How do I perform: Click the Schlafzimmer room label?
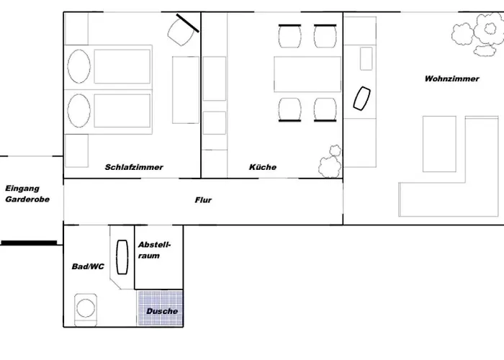click(134, 167)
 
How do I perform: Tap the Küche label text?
click(263, 167)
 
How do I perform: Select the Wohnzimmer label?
click(451, 78)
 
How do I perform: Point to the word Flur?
click(203, 200)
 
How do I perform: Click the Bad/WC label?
click(88, 266)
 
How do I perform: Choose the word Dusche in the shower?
click(162, 311)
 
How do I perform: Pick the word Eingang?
click(22, 189)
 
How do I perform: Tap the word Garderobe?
click(27, 199)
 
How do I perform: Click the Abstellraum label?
click(154, 250)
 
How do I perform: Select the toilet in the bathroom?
click(86, 310)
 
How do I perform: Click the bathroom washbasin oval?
click(122, 257)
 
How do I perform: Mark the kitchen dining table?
click(307, 74)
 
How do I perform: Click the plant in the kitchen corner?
click(330, 161)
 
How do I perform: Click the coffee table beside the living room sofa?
click(439, 144)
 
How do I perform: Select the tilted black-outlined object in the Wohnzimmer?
click(362, 99)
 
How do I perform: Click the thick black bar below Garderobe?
click(30, 243)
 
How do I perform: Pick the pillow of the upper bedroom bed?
click(78, 66)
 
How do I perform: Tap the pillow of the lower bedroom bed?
click(78, 111)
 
